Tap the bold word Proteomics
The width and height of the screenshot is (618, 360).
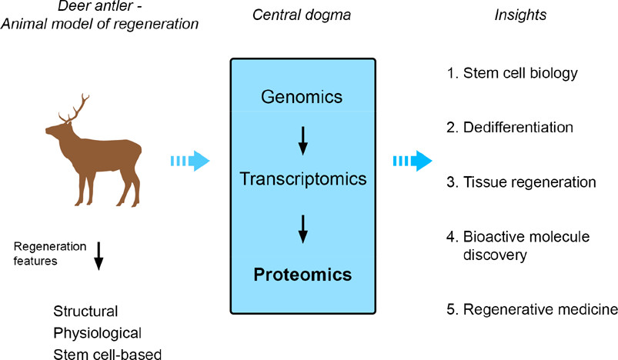coord(302,275)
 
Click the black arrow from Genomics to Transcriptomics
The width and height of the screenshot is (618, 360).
coord(302,138)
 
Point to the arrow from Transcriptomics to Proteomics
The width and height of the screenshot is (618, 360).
coord(302,227)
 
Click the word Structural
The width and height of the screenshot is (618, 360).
coord(85,312)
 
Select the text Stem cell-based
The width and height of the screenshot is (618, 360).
coord(107,353)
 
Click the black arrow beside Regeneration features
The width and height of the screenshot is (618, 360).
coord(98,255)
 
